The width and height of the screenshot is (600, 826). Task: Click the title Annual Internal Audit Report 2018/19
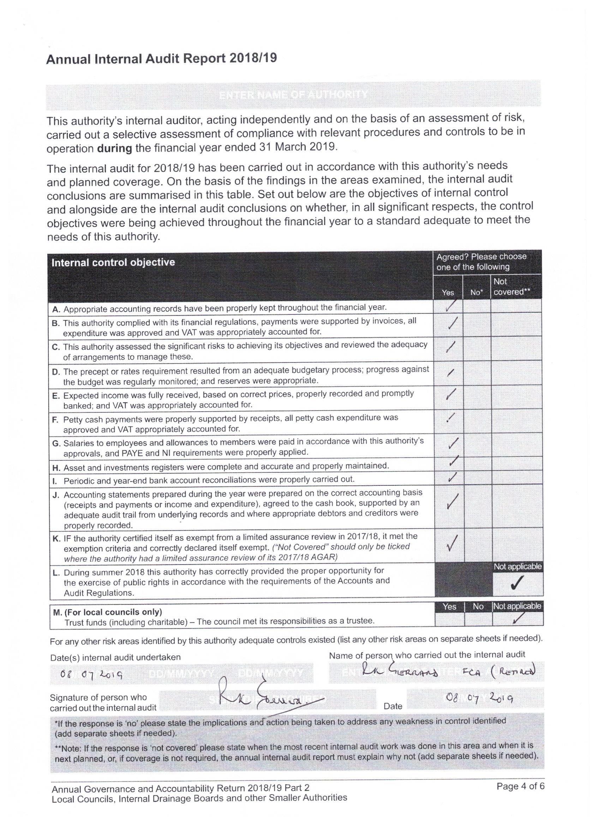(x=161, y=59)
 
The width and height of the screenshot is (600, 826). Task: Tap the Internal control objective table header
(x=113, y=262)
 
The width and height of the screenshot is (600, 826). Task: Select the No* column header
(x=476, y=292)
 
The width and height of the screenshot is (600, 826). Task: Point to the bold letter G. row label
(x=56, y=444)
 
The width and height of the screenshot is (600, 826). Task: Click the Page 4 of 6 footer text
(x=520, y=786)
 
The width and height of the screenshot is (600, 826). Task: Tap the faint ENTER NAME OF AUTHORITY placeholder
(x=293, y=95)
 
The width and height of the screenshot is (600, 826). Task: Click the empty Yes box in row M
(x=449, y=618)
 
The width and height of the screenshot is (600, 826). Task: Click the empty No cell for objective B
(x=477, y=325)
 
